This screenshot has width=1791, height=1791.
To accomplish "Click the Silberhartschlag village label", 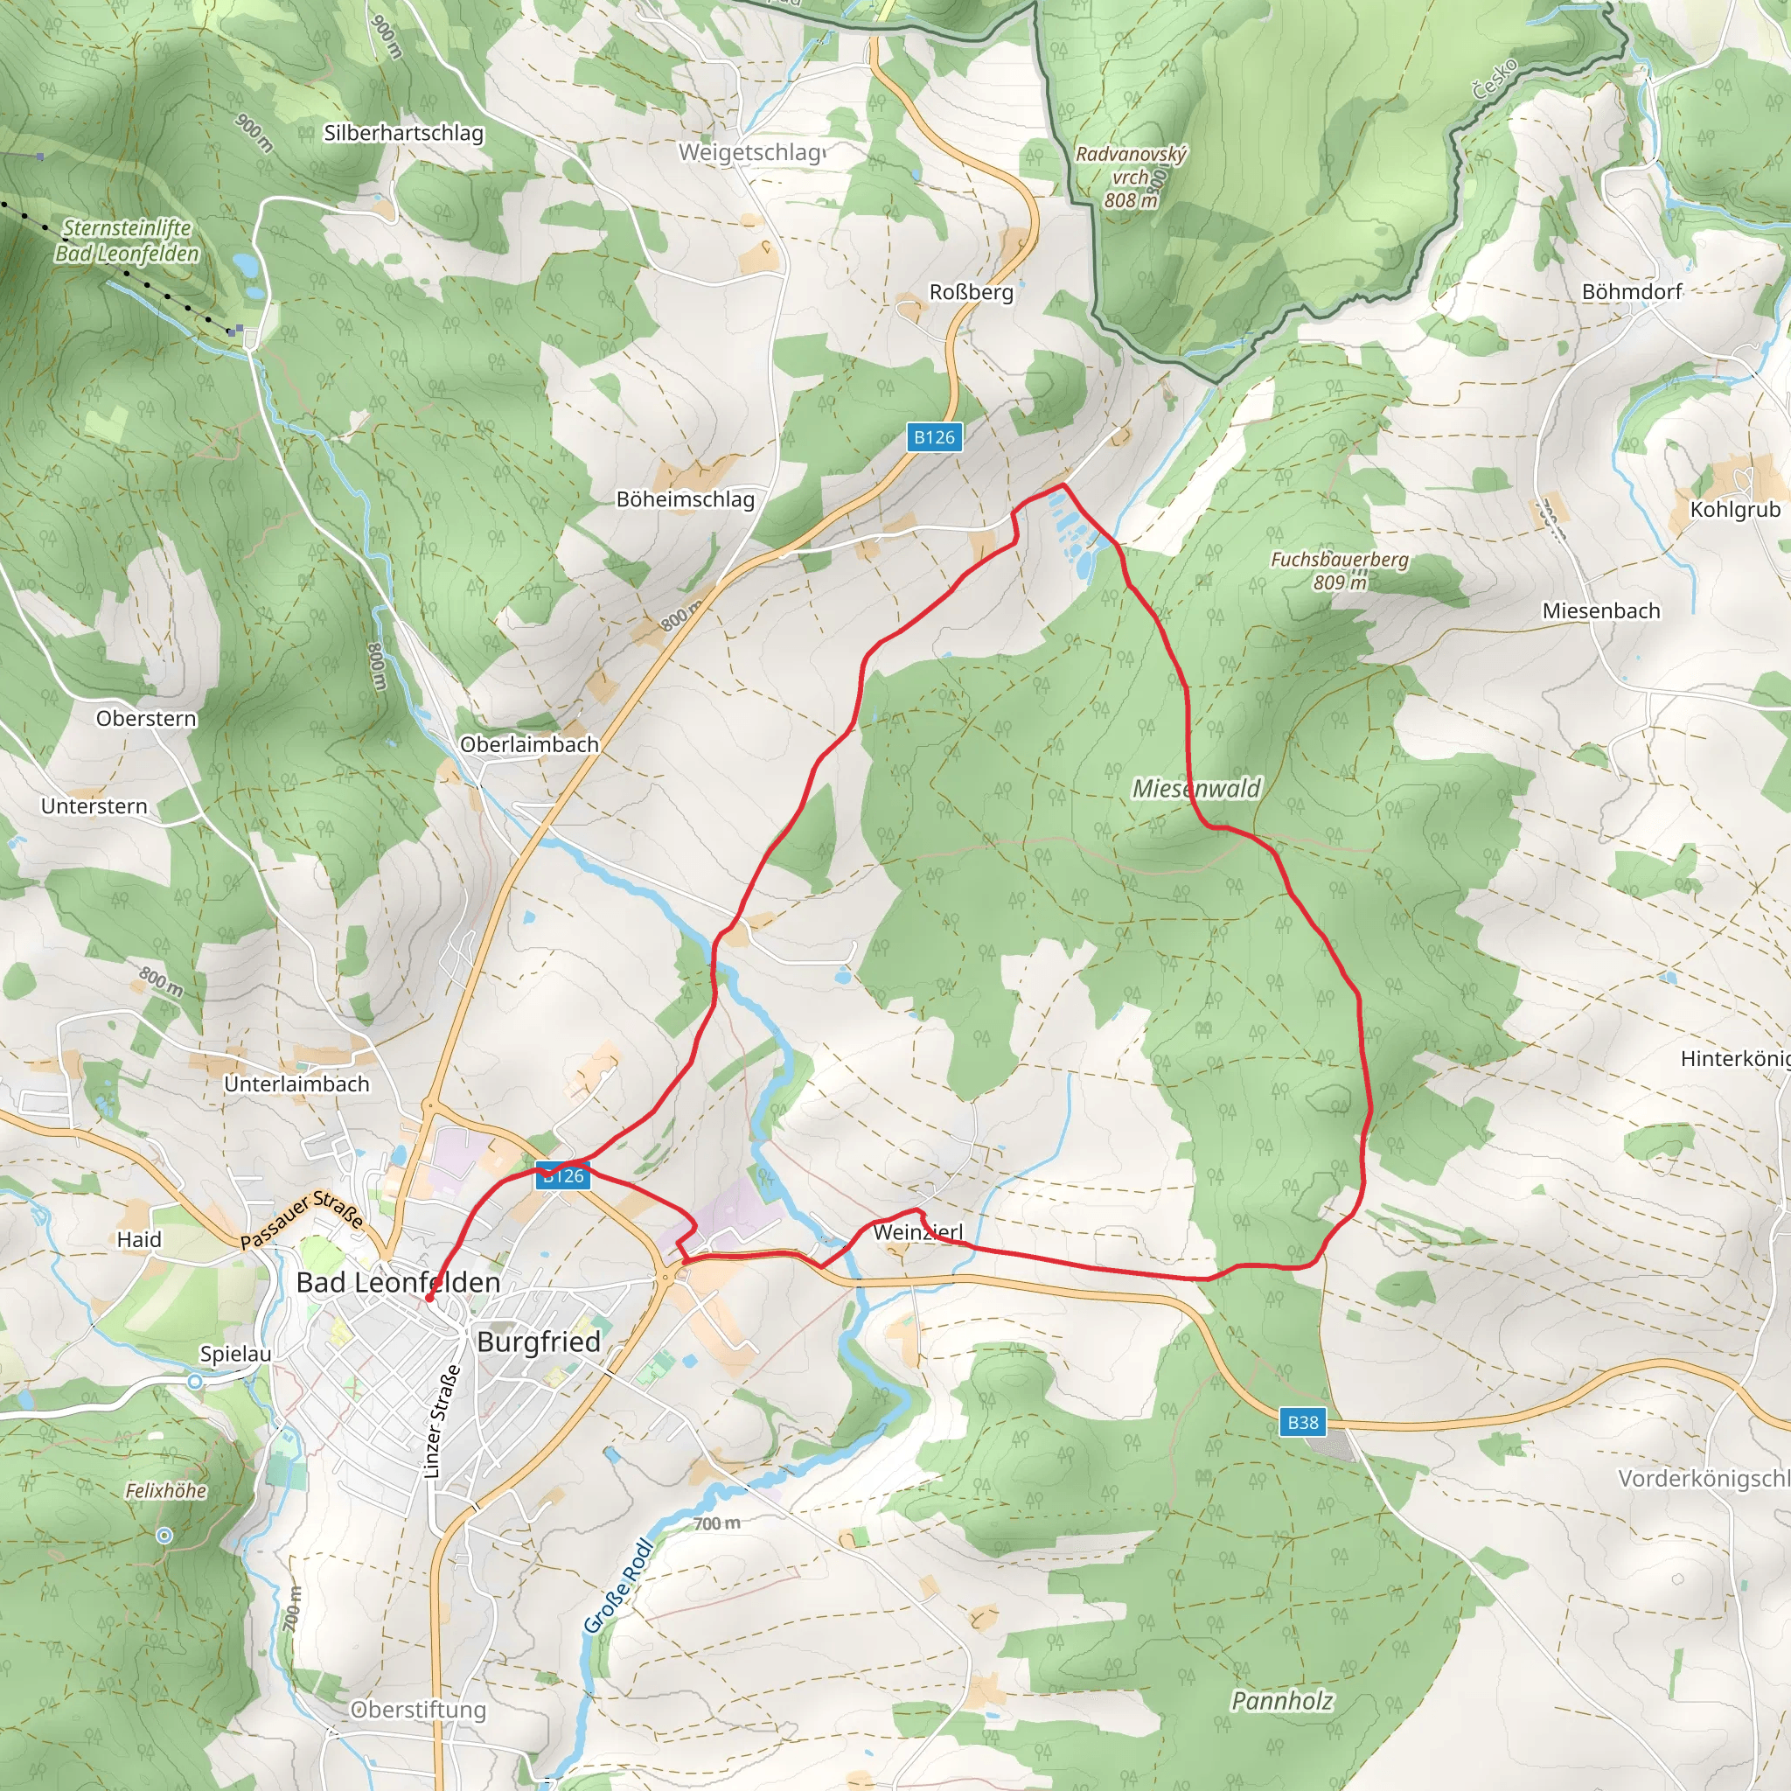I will coord(403,134).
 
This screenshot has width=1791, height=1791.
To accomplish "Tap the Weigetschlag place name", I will coord(751,152).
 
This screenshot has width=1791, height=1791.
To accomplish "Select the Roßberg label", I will coord(971,292).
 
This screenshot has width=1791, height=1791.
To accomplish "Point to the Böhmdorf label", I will coord(1632,292).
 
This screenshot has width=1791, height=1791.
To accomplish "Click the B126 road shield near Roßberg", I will coord(933,437).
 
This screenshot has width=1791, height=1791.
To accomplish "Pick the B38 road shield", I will coord(1302,1422).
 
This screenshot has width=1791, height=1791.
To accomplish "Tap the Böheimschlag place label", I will coord(685,499).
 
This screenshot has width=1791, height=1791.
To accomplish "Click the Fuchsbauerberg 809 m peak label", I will coord(1339,570).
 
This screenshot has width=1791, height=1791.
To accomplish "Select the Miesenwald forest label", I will coord(1197,789).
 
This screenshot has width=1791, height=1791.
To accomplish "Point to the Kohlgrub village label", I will coord(1734,510).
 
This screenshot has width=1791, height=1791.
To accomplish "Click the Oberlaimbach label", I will coord(529,744).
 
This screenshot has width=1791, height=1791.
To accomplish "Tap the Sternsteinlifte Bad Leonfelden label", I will coord(127,241).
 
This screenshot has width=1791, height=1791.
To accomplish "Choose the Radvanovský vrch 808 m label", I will coord(1130,176).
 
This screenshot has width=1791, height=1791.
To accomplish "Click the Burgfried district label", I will coord(539,1342).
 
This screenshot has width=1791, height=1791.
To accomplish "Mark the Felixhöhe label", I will coord(166,1491).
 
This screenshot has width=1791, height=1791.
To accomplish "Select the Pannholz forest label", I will coord(1282,1701).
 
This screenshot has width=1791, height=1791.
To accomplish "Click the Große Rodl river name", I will coord(618,1586).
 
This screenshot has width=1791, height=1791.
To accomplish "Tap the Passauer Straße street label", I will coord(302,1220).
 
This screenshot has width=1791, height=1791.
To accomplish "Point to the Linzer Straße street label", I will coord(442,1421).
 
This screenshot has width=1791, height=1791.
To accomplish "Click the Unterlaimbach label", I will coord(296,1084).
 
